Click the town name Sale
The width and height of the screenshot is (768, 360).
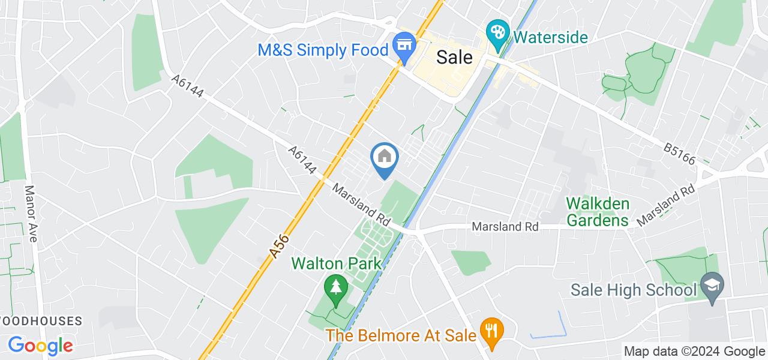[x=454, y=57]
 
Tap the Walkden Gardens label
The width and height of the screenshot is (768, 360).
[x=598, y=212]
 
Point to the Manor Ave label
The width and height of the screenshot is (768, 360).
[x=30, y=213]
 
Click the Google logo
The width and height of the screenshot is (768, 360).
[x=40, y=346]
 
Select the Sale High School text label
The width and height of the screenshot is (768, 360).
[x=632, y=291]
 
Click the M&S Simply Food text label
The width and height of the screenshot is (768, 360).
[x=323, y=50]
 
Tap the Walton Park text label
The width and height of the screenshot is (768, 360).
[x=336, y=263]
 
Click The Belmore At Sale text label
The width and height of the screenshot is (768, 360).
[x=401, y=334]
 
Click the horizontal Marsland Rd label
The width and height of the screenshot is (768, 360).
[x=505, y=227]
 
